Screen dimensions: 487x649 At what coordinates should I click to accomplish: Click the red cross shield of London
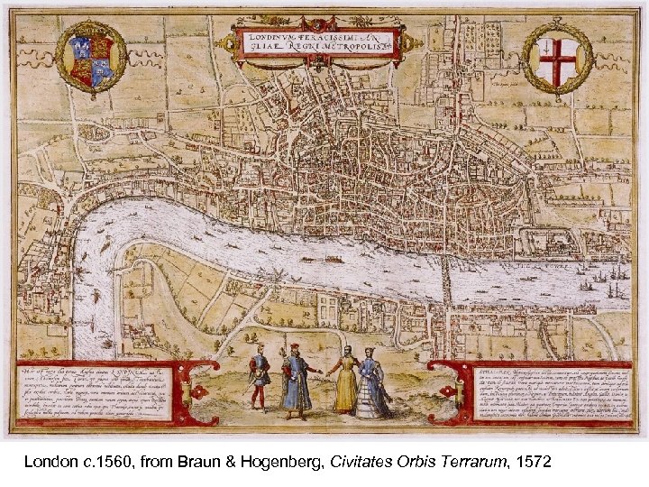point(556,60)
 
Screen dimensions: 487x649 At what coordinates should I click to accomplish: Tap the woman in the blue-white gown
point(372,386)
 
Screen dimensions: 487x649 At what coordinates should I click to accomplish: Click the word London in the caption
point(46,462)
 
